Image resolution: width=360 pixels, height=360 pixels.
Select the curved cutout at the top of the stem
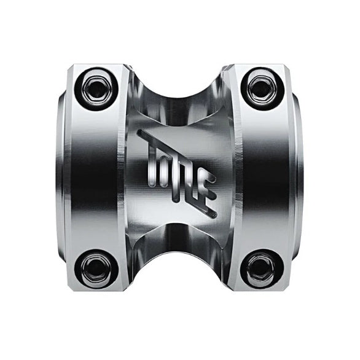point(179,77)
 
